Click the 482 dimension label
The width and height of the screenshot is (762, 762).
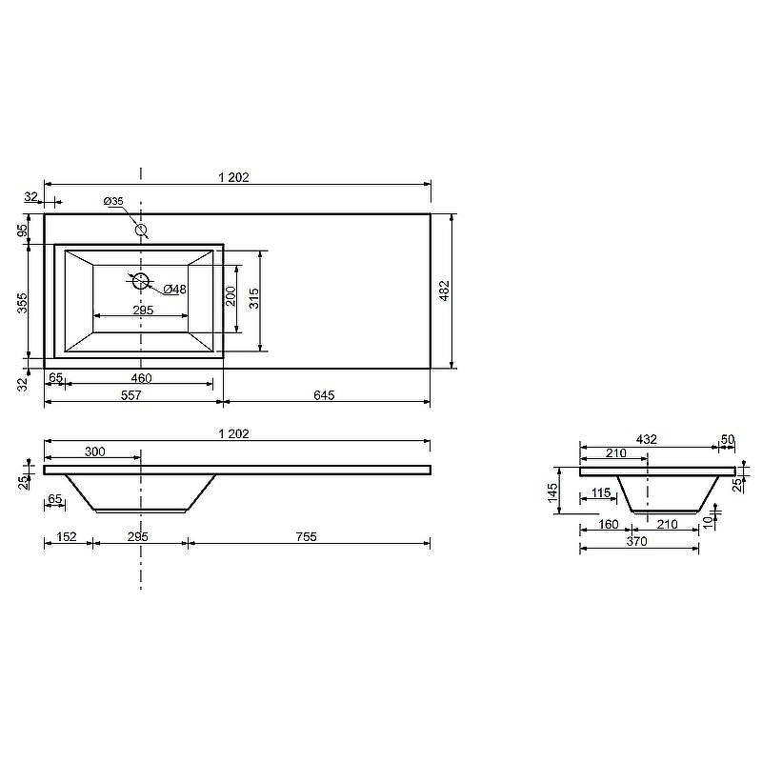[445, 291]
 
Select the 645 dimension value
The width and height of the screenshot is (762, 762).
[324, 395]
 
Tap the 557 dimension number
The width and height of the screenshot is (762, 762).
[130, 395]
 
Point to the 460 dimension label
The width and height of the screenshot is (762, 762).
[141, 377]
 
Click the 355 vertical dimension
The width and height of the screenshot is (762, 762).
[23, 302]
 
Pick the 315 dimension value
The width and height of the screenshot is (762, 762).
[253, 298]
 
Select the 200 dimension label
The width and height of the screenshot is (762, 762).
[231, 296]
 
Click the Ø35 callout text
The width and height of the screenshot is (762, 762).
[113, 201]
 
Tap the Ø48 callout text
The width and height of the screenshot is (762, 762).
[175, 290]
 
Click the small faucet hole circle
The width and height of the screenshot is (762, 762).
[141, 230]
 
